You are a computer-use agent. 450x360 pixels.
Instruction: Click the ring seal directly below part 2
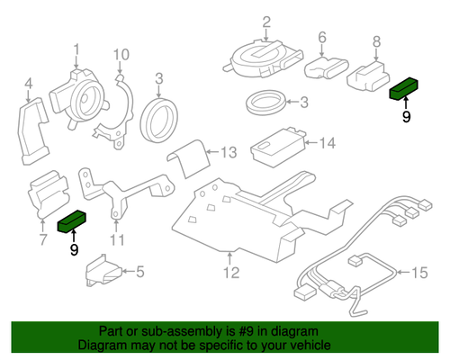point(266,102)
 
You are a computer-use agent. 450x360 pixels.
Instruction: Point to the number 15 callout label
point(420,270)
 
